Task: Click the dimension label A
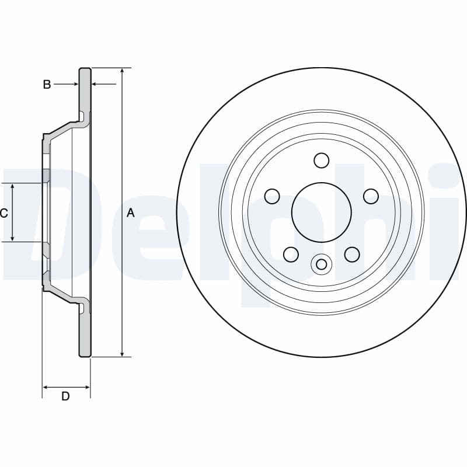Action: [x=131, y=213]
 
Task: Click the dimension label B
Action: [x=47, y=85]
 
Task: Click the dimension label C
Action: [x=4, y=213]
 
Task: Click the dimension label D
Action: [x=65, y=396]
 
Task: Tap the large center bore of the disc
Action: [x=322, y=212]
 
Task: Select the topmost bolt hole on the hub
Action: [x=322, y=161]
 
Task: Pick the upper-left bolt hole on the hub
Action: [x=272, y=196]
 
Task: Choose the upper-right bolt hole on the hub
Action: [x=371, y=196]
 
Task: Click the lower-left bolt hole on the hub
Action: [x=291, y=254]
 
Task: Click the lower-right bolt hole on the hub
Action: [x=352, y=254]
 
